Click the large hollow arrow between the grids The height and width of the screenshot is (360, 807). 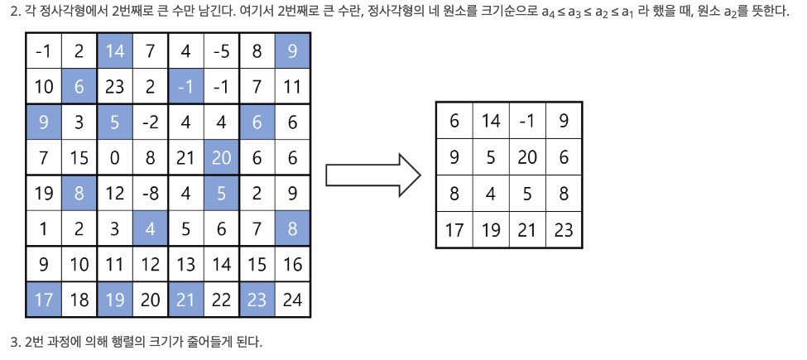tap(372, 175)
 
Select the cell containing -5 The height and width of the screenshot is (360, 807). tap(221, 51)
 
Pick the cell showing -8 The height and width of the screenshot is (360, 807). tap(150, 194)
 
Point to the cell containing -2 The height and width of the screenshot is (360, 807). tap(150, 122)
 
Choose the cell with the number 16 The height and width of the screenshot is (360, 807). tap(292, 265)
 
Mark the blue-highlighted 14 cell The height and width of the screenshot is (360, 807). tap(115, 51)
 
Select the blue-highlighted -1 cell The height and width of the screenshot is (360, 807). tap(185, 87)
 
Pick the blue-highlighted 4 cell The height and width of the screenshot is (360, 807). tap(150, 229)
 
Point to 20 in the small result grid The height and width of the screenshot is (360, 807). tap(527, 157)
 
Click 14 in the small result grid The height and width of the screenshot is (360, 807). tap(491, 121)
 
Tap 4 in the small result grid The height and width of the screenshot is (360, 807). tap(491, 194)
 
